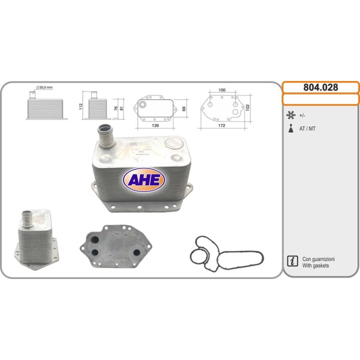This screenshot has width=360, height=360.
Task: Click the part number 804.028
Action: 320,87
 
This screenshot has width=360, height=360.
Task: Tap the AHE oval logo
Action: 144,180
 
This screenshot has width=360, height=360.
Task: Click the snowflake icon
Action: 291,115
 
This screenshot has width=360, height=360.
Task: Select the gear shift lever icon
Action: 291,128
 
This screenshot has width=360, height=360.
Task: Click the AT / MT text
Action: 307,128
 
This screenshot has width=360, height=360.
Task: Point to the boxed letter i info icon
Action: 292,261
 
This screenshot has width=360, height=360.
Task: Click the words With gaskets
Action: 315,265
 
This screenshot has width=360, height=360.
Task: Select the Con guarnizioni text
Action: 318,259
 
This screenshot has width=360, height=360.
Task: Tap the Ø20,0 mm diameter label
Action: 44,87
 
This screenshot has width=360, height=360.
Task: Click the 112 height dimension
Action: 81,106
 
